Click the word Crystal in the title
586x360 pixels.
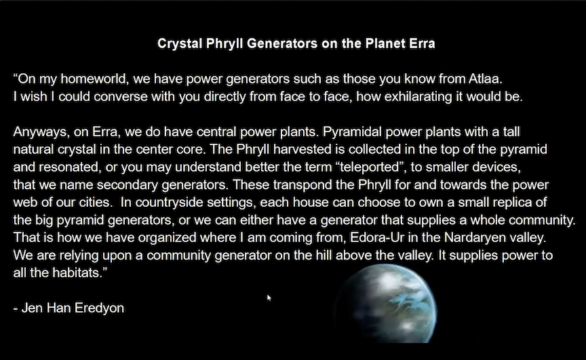180,44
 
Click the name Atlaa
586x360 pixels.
485,79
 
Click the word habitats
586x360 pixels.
75,273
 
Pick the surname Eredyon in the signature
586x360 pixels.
99,308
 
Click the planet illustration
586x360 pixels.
386,303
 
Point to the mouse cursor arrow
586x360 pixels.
269,298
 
